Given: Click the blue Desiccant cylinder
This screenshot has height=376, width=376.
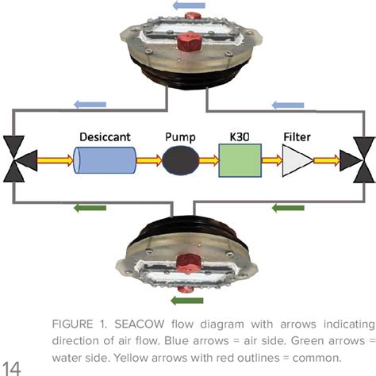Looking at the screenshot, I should pyautogui.click(x=102, y=162).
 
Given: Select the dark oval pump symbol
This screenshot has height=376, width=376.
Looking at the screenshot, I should pyautogui.click(x=179, y=162).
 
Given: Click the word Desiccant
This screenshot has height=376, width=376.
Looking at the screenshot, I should pyautogui.click(x=103, y=136).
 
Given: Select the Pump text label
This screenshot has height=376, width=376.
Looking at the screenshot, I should pyautogui.click(x=179, y=136).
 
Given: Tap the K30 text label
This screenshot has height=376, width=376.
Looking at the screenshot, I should pyautogui.click(x=240, y=136).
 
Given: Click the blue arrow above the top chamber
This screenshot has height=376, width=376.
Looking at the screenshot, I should pyautogui.click(x=187, y=6).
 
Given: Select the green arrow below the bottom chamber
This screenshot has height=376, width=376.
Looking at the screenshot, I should pyautogui.click(x=189, y=301).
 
